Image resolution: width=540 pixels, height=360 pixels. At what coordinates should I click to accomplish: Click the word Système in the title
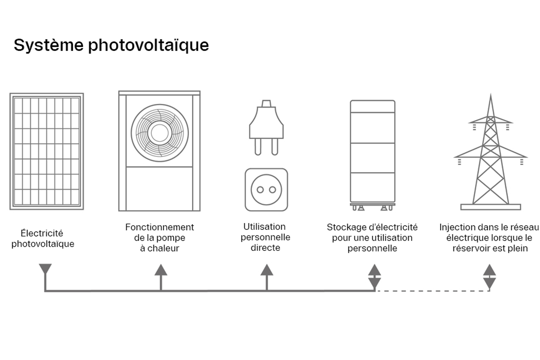click(48, 45)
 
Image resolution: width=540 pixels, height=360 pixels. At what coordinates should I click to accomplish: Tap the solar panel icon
click(46, 151)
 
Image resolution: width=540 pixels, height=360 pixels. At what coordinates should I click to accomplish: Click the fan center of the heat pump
click(159, 133)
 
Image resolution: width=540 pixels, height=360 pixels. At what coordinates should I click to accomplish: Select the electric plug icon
click(266, 127)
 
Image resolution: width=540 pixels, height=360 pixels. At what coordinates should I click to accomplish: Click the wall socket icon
click(266, 190)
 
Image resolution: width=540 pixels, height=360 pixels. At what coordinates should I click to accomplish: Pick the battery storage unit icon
click(372, 154)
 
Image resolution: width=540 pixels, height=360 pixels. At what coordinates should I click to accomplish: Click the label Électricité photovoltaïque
click(42, 238)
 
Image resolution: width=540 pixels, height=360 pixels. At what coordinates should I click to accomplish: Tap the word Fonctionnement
click(159, 227)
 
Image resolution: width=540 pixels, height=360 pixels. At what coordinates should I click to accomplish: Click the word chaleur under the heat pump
click(163, 248)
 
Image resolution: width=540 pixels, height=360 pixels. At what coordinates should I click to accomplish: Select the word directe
click(265, 247)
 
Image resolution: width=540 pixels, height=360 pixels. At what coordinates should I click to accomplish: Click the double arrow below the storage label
click(375, 277)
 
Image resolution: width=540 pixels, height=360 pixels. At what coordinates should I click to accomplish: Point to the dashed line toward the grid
click(431, 291)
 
